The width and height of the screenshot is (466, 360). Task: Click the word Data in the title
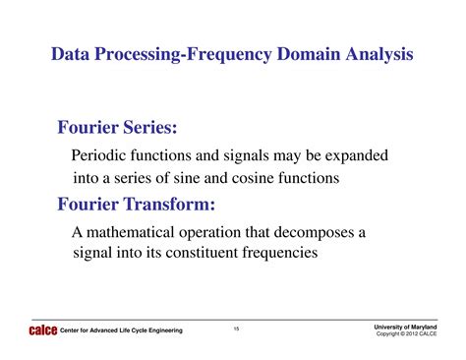[70, 54]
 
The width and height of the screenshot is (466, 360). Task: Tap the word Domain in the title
[309, 54]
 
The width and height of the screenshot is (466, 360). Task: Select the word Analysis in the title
[379, 55]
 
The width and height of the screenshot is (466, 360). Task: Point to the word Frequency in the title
[229, 55]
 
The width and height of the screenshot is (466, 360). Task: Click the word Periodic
[98, 155]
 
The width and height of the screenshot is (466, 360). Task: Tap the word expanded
[357, 156]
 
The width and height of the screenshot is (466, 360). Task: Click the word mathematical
[131, 232]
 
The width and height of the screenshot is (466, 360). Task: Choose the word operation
[209, 233]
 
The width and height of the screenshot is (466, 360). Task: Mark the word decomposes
[315, 233]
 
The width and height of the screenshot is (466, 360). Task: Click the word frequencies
[280, 254]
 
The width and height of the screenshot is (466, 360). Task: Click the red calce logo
[43, 330]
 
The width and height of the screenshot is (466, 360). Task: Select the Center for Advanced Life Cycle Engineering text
[121, 330]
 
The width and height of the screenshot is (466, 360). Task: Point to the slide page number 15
[236, 329]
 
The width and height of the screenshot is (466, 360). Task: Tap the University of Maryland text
[405, 327]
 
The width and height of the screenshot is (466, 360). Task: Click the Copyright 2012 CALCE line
[406, 333]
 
